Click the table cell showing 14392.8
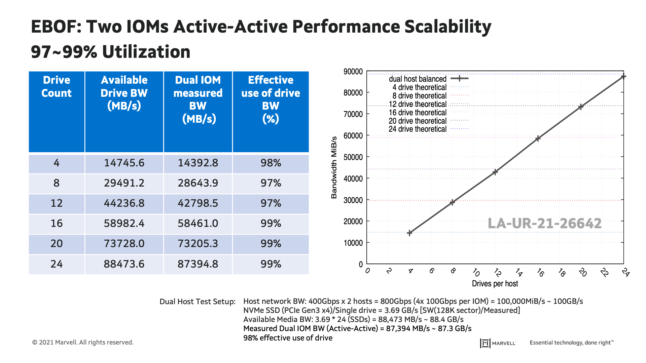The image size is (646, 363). (x=198, y=163)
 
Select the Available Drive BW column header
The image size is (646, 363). (x=124, y=93)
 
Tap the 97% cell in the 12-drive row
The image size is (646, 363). (x=271, y=203)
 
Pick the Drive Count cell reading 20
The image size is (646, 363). (x=57, y=244)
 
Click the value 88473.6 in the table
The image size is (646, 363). (x=124, y=264)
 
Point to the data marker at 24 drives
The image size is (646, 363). (x=623, y=77)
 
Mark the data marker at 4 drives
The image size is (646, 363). (x=409, y=233)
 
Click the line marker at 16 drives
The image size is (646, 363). (x=538, y=138)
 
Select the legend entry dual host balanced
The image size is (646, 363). (x=418, y=79)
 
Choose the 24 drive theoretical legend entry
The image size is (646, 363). (x=418, y=129)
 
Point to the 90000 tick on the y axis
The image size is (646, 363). (x=353, y=72)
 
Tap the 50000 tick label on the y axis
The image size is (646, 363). (x=353, y=157)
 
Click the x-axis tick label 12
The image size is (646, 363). (x=497, y=272)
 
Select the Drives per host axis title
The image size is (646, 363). (x=495, y=284)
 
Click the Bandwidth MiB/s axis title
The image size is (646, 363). (x=334, y=167)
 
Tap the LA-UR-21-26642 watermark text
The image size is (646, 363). (x=544, y=224)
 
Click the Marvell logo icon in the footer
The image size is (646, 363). (x=485, y=343)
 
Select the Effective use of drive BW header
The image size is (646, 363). (x=271, y=99)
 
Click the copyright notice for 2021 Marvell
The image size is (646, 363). (x=83, y=342)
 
